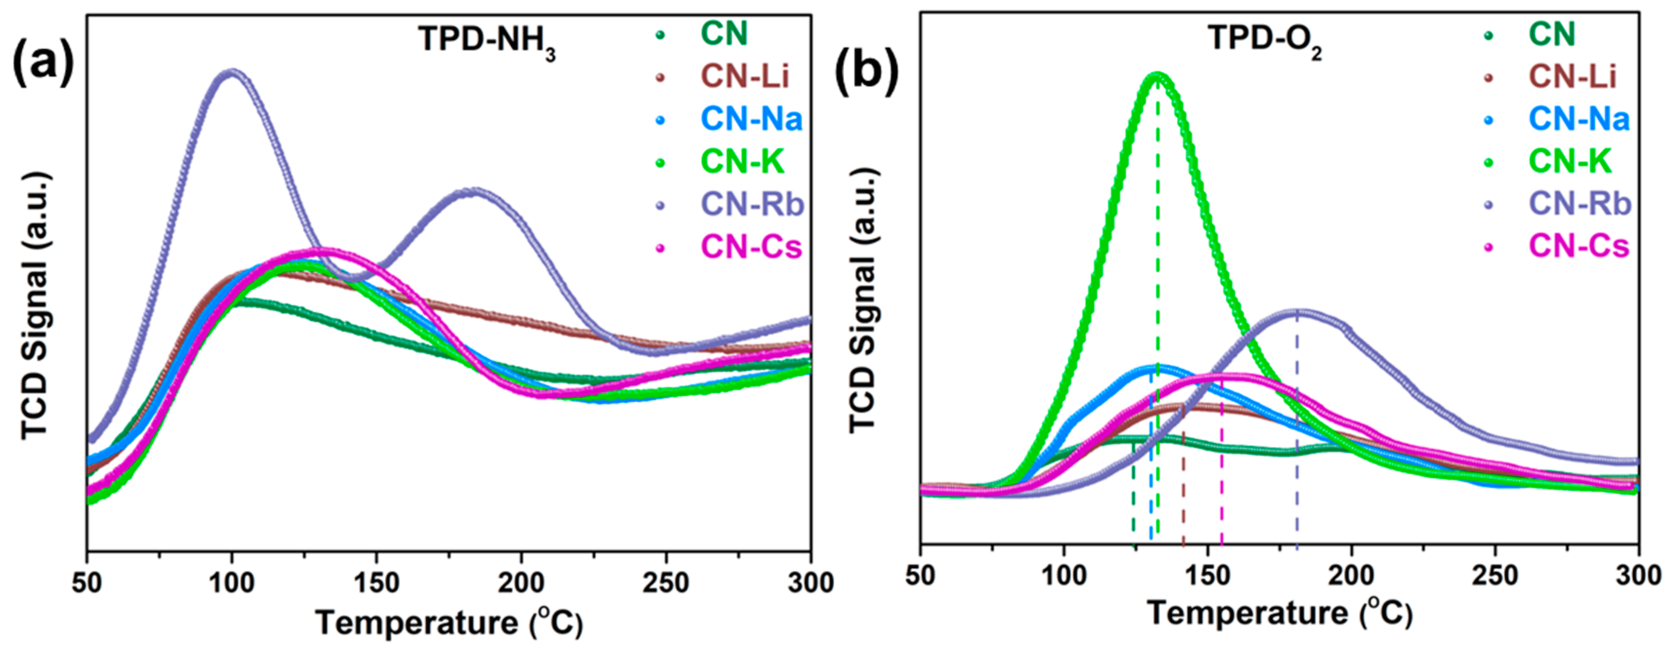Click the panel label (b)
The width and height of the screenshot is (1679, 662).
pyautogui.click(x=866, y=70)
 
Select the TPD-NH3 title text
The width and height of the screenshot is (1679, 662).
pyautogui.click(x=487, y=40)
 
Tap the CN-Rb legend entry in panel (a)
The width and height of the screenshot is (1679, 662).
pyautogui.click(x=752, y=204)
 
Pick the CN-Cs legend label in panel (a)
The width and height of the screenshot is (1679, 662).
pyautogui.click(x=752, y=247)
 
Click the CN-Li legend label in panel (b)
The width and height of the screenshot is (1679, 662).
pyautogui.click(x=1572, y=77)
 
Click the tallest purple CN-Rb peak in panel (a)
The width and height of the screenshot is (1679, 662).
pyautogui.click(x=231, y=72)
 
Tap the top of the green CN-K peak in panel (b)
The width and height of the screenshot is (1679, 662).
pyautogui.click(x=1158, y=76)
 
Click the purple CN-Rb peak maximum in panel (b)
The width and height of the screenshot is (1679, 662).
pyautogui.click(x=1297, y=311)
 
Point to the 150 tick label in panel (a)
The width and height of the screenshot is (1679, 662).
pyautogui.click(x=376, y=582)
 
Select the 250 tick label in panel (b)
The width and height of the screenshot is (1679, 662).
pyautogui.click(x=1495, y=575)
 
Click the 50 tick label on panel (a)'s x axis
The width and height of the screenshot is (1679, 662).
pyautogui.click(x=87, y=582)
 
